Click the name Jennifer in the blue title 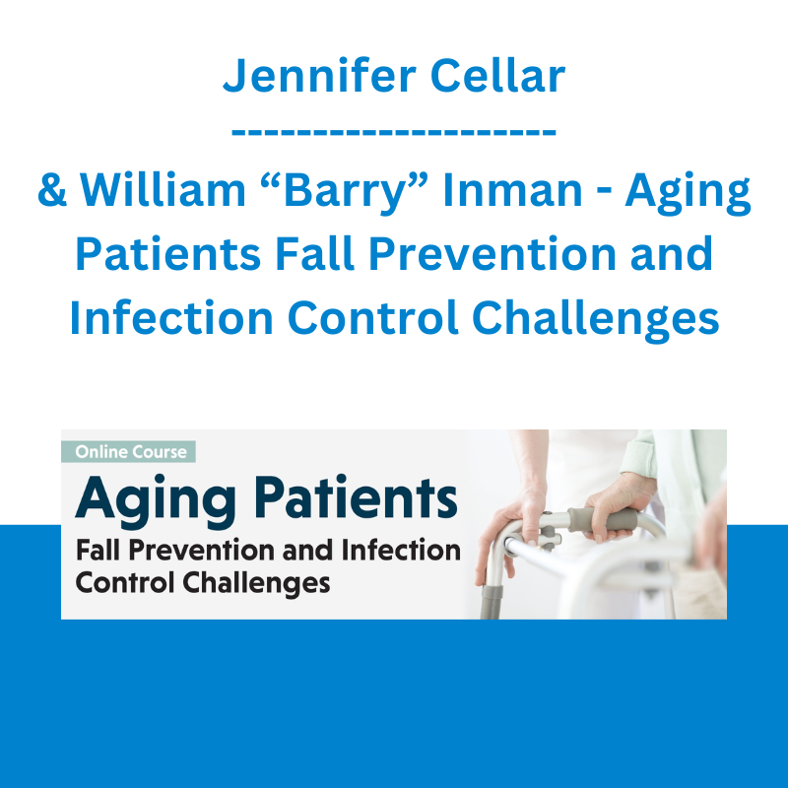click(x=319, y=76)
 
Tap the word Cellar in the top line click(x=498, y=76)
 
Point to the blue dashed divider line click(x=393, y=133)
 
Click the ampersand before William click(x=52, y=190)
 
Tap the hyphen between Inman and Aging click(x=603, y=193)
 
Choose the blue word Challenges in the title click(x=596, y=318)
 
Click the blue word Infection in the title click(x=171, y=317)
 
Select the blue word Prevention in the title click(x=492, y=253)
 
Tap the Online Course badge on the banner click(x=128, y=452)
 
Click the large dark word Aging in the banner click(x=156, y=497)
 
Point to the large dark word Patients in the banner click(x=356, y=496)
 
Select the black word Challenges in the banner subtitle click(x=256, y=583)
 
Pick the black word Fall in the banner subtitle click(x=98, y=550)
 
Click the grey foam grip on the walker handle click(x=603, y=520)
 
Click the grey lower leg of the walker click(x=491, y=602)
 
